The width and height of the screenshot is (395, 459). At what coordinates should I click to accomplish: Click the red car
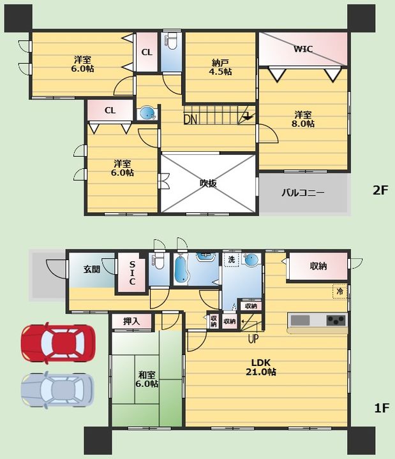[x=58, y=343]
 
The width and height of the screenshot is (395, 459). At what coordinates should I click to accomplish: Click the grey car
[x=57, y=390]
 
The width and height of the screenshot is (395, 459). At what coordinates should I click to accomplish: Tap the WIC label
[x=303, y=49]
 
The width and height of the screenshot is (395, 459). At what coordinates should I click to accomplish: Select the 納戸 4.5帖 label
[x=220, y=67]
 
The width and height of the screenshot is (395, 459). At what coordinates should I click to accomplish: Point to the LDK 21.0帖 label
[x=260, y=367]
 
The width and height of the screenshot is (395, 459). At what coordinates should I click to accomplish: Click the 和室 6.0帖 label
[x=147, y=379]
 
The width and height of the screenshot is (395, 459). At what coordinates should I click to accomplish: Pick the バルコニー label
[x=303, y=193]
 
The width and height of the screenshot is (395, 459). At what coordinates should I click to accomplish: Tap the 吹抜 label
[x=208, y=183]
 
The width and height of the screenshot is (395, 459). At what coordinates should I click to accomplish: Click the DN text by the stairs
[x=190, y=119]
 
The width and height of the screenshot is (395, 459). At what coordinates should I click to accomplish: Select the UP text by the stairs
[x=253, y=339]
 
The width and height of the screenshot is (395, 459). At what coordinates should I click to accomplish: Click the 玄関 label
[x=92, y=269]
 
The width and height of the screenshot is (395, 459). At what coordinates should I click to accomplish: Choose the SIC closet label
[x=132, y=273]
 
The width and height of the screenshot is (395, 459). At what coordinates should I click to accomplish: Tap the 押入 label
[x=131, y=321]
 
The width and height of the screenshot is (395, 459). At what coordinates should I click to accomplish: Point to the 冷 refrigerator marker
[x=339, y=291]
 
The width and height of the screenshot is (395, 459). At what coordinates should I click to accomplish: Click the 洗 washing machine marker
[x=232, y=259]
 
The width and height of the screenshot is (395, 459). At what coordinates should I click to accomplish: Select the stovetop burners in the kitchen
[x=336, y=320]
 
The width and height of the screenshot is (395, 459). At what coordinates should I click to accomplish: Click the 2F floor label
[x=380, y=191]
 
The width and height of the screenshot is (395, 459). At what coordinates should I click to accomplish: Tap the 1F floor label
[x=382, y=408]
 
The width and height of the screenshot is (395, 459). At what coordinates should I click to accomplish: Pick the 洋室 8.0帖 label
[x=302, y=119]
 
